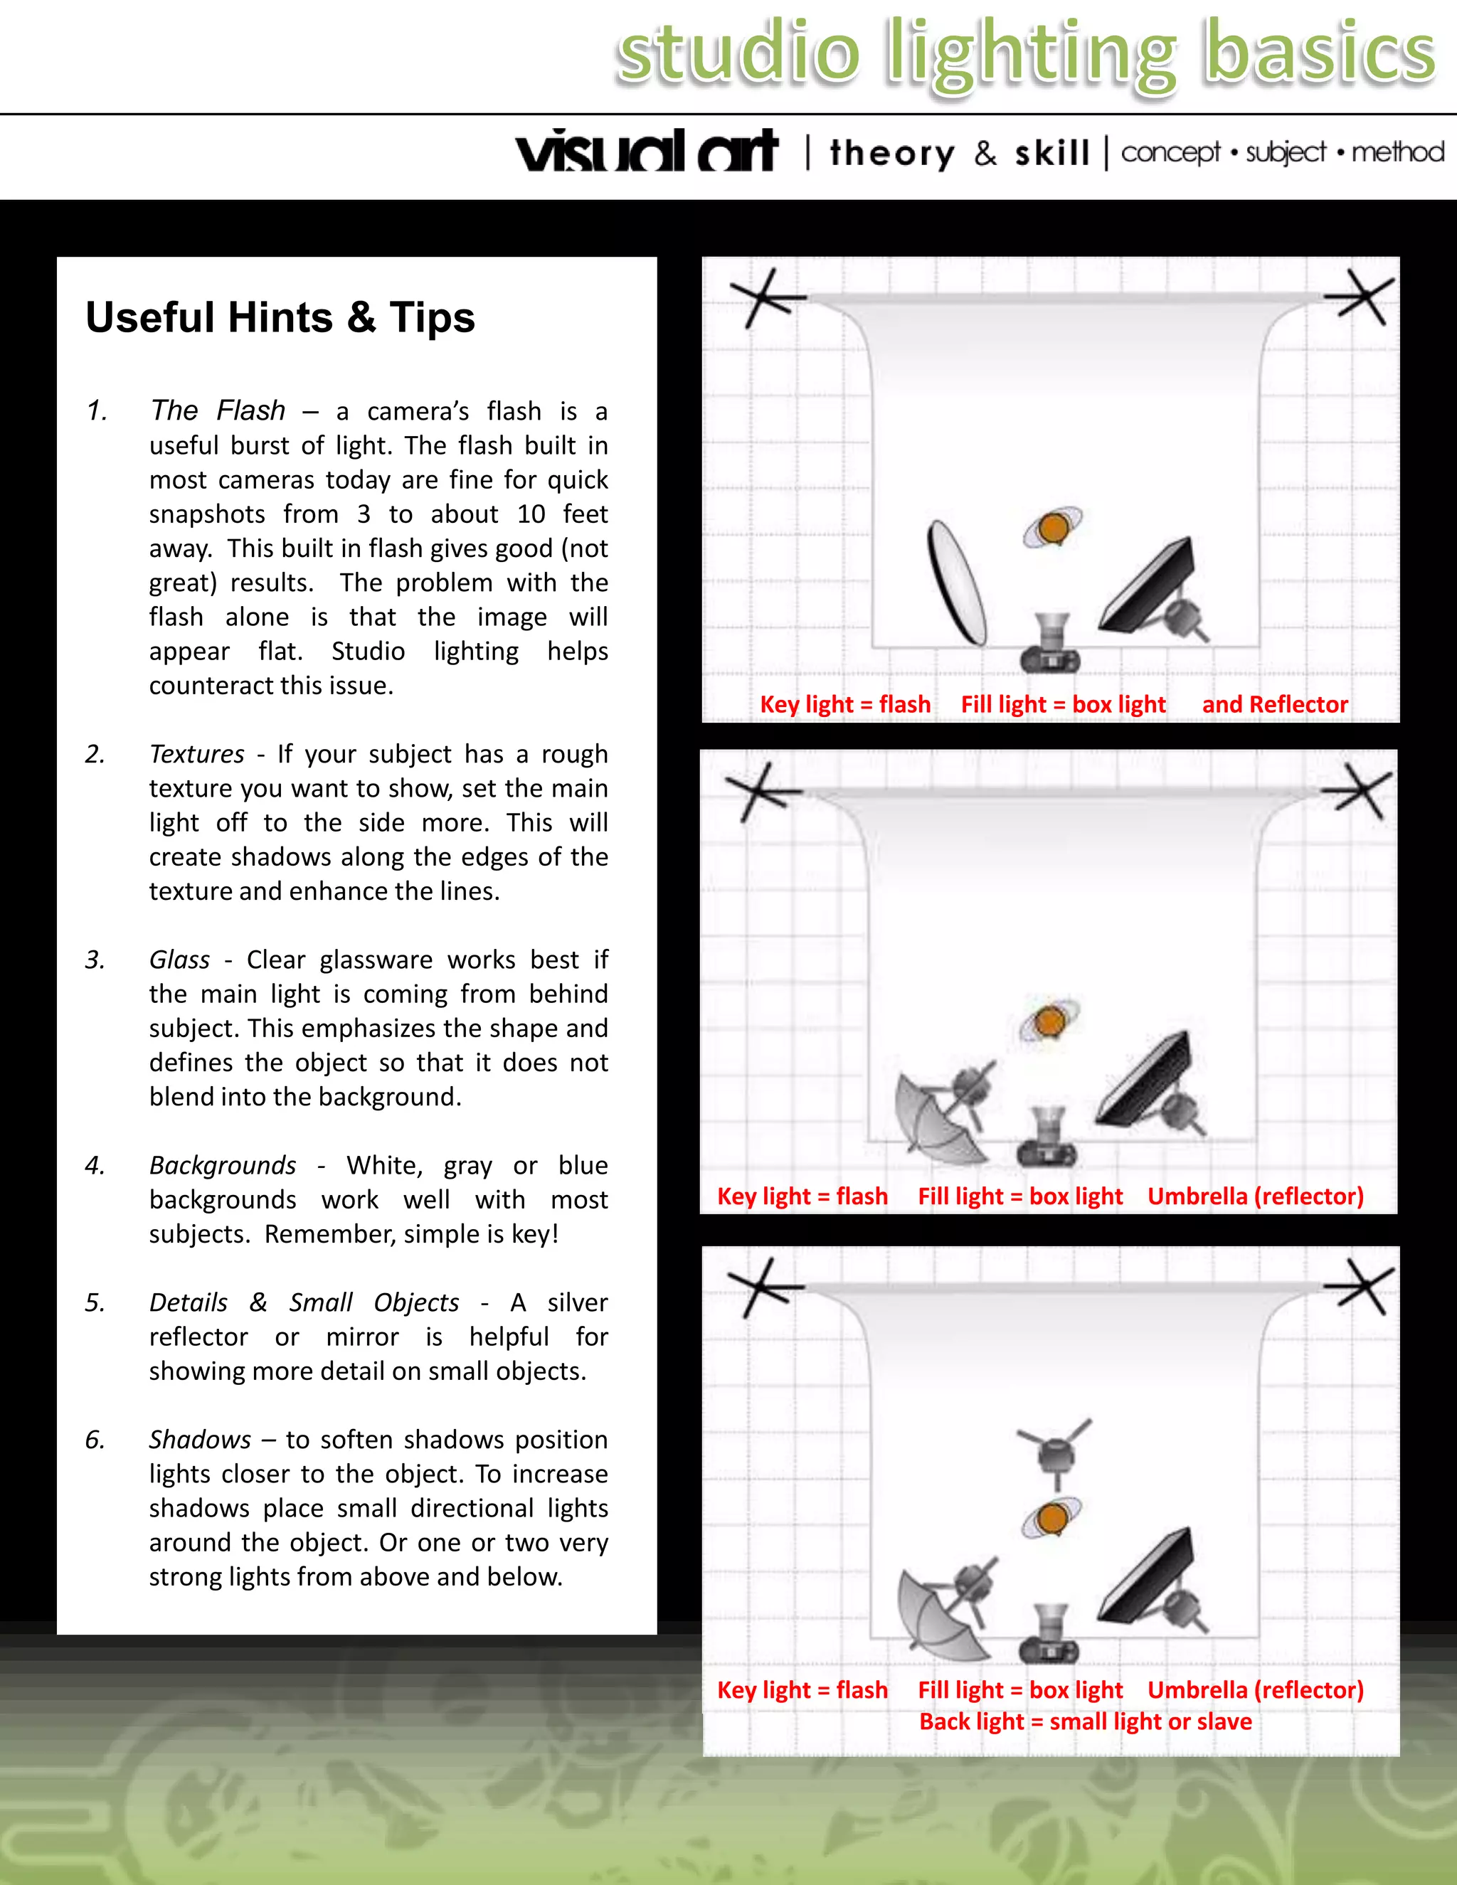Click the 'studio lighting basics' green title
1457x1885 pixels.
tap(1025, 53)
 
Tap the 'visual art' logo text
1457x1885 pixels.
tap(647, 152)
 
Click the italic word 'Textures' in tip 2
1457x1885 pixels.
tap(197, 753)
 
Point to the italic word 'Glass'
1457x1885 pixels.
tap(179, 959)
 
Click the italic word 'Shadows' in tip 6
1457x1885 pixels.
tap(200, 1439)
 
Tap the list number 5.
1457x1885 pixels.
tap(95, 1302)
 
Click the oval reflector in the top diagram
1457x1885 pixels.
tap(956, 583)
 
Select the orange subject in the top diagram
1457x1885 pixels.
tap(1053, 527)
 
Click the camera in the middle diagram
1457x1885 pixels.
tap(1048, 1137)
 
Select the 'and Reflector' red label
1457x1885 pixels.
tap(1274, 704)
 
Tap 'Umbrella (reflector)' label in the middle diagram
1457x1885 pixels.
tap(1255, 1196)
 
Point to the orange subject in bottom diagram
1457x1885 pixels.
tap(1053, 1517)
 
